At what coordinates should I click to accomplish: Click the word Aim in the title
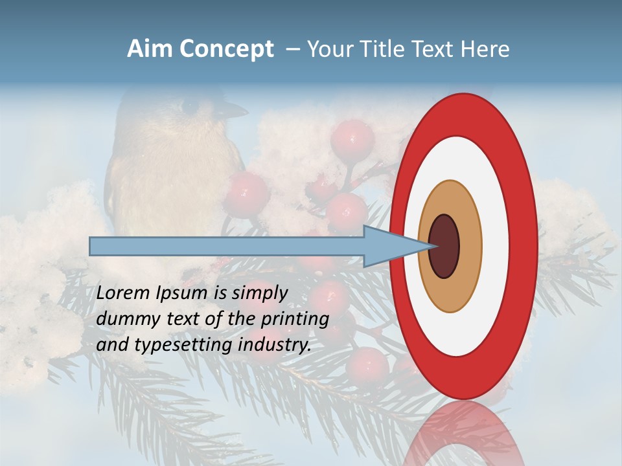click(150, 49)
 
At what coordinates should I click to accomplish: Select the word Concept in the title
click(226, 50)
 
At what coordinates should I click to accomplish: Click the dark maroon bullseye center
click(444, 246)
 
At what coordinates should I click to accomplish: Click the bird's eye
click(189, 104)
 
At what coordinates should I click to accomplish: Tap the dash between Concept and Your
click(292, 50)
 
